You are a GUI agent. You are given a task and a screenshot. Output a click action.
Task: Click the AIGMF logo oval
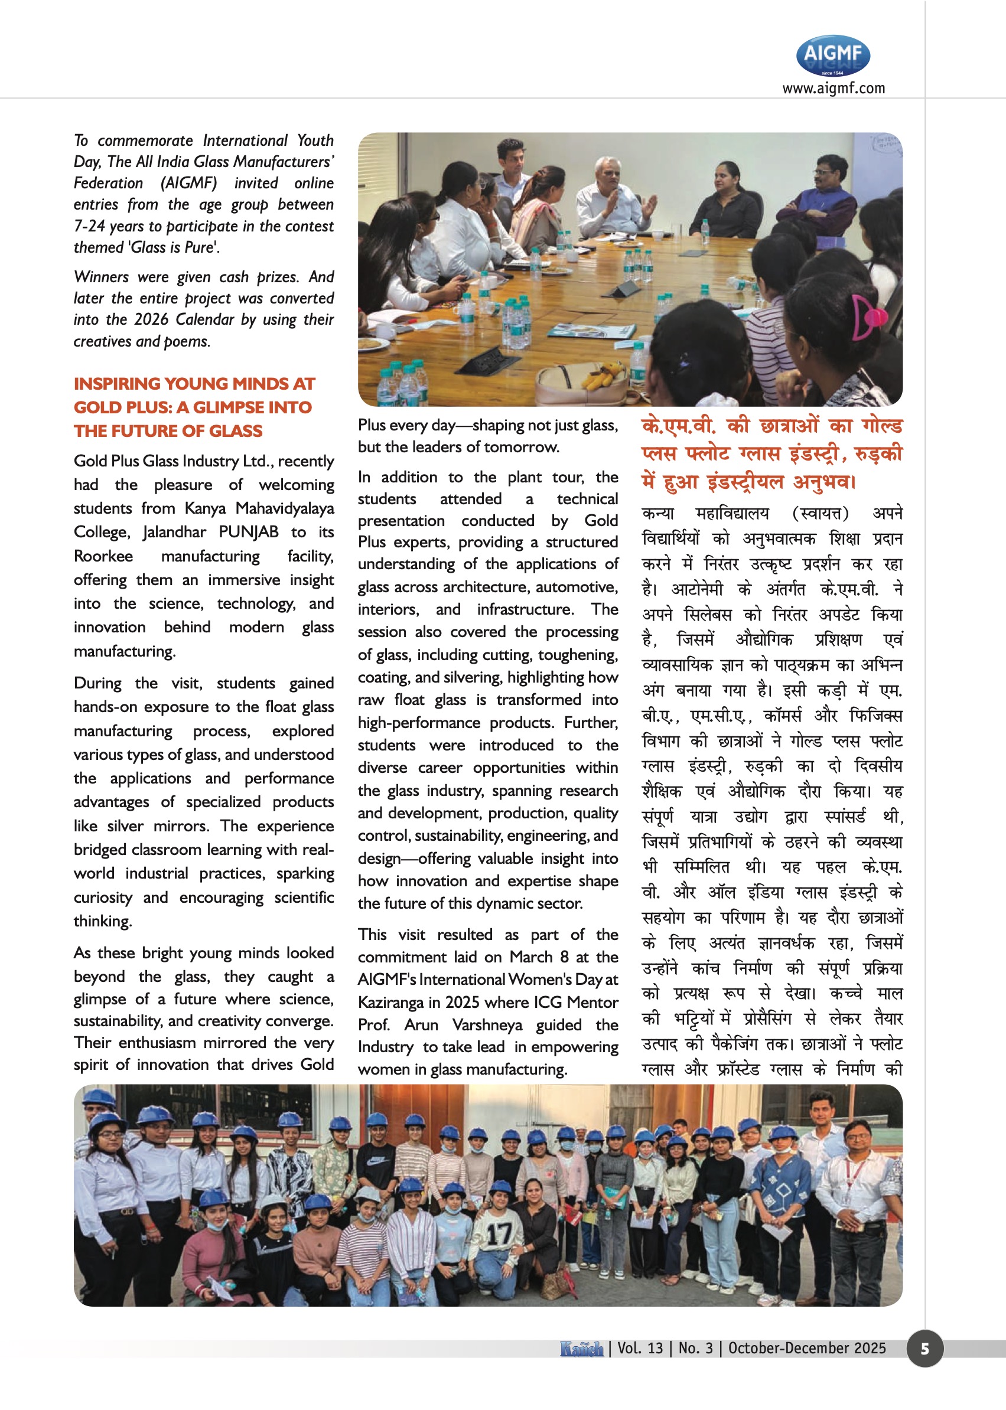[x=832, y=55]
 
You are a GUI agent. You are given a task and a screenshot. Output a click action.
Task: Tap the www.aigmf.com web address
[x=833, y=89]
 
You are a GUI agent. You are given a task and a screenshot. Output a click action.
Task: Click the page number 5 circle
[x=924, y=1348]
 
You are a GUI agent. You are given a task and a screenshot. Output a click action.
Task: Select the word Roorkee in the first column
[x=103, y=556]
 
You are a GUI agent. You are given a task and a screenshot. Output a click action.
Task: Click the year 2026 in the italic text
[x=151, y=319]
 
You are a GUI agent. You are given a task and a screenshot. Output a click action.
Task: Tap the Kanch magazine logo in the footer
[x=581, y=1348]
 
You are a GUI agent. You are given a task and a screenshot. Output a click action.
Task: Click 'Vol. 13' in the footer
[x=639, y=1348]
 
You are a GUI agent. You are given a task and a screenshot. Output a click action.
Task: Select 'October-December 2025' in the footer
[x=806, y=1348]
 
